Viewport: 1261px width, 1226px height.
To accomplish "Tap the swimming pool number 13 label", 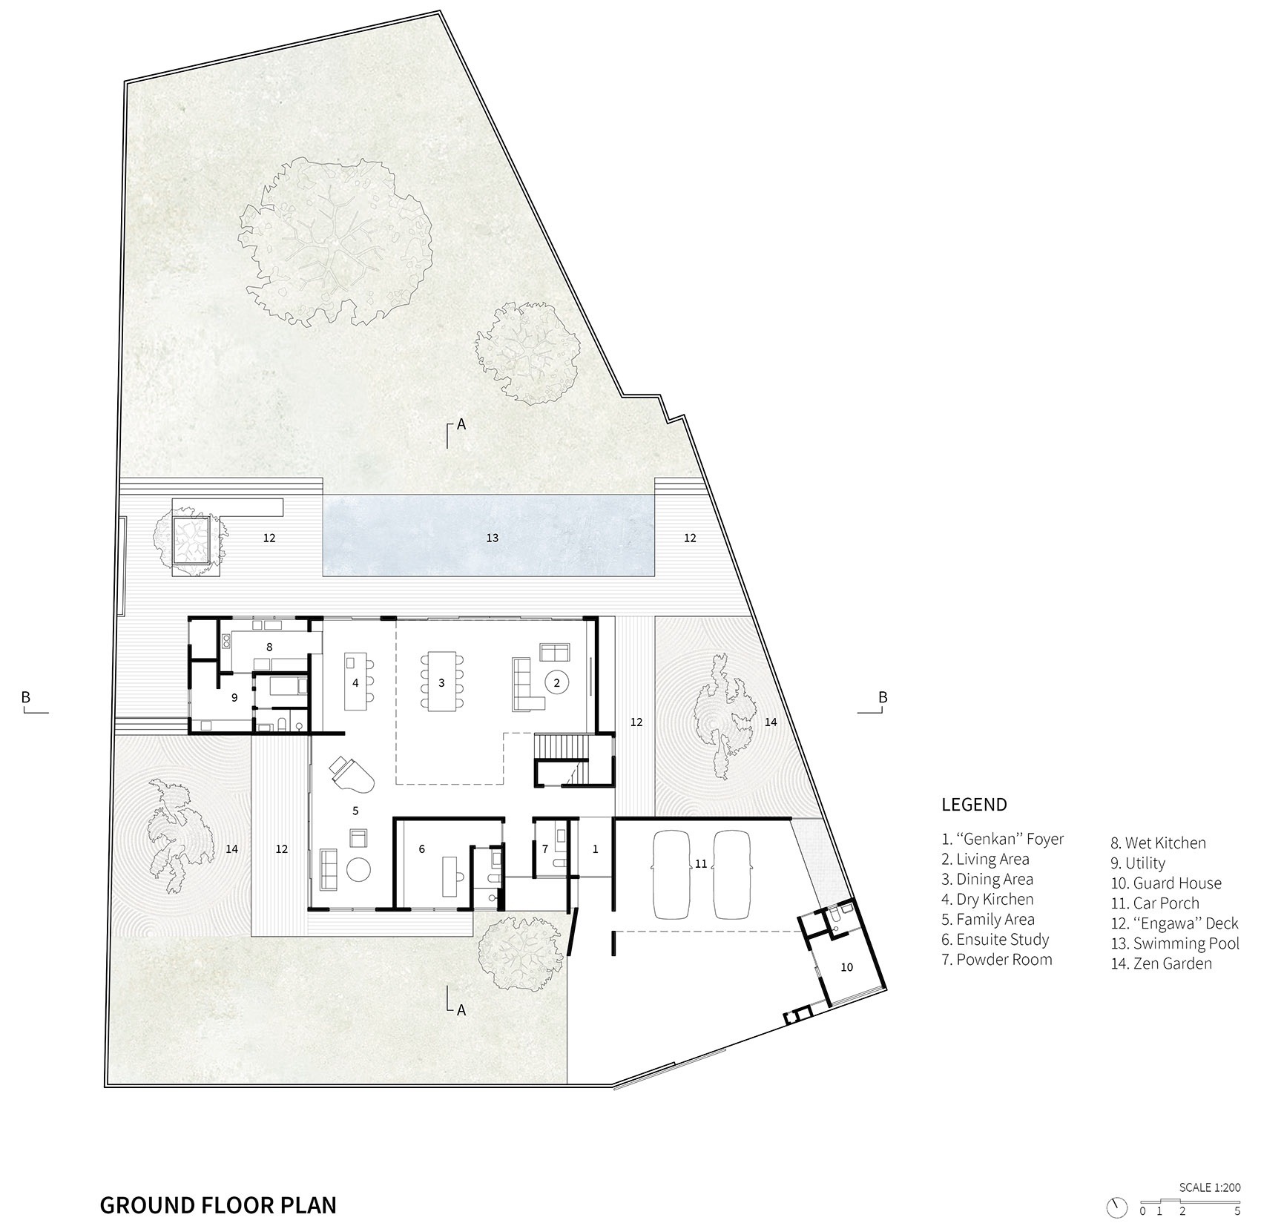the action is pos(493,538).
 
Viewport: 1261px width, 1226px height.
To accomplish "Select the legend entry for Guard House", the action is pos(1166,883).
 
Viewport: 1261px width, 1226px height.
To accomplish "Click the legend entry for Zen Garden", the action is pos(1162,963).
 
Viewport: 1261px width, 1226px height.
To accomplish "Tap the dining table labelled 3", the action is pos(441,682).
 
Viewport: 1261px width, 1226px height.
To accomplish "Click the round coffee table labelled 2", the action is pos(556,682).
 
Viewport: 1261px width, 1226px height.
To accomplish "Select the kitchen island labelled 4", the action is pos(356,682).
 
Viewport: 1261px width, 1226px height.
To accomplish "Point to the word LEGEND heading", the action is pos(974,805).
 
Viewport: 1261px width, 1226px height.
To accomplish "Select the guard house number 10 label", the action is pos(846,967).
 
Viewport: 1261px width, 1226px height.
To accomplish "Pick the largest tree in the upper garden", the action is pos(335,239).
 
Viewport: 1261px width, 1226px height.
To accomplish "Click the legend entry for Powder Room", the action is pos(997,960).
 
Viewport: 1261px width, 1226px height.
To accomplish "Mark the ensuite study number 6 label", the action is pos(422,849).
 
